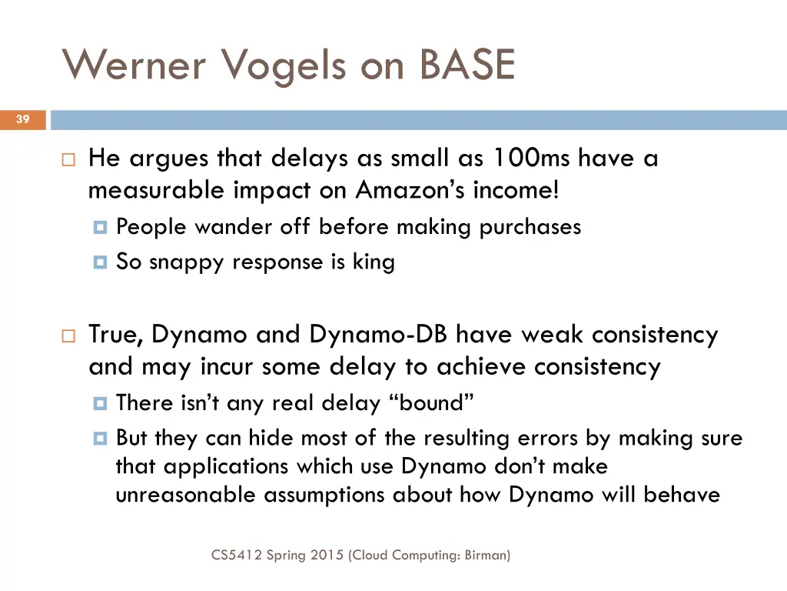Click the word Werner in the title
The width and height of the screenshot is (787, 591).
click(x=134, y=65)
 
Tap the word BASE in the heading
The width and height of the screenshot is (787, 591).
click(x=467, y=65)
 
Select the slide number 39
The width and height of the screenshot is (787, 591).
click(x=22, y=119)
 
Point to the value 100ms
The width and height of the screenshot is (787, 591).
click(x=530, y=159)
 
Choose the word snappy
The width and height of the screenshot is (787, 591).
click(x=187, y=262)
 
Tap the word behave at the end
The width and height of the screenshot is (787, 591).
click(x=682, y=494)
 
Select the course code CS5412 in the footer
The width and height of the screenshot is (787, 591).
click(x=236, y=554)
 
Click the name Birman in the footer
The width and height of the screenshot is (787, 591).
click(x=486, y=554)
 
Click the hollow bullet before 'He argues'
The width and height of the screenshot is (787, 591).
click(x=68, y=161)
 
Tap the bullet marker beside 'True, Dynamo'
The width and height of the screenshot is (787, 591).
click(x=68, y=337)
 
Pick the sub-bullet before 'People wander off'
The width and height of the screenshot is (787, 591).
click(x=99, y=228)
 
